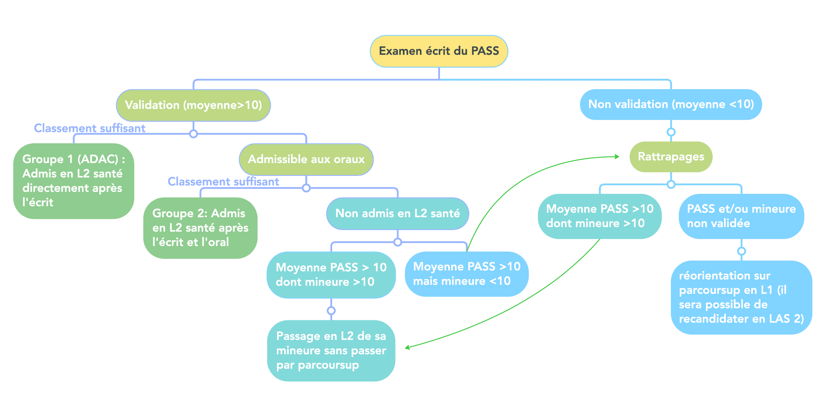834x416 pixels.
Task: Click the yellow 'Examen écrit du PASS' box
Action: pyautogui.click(x=439, y=51)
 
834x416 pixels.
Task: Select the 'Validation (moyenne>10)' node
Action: pyautogui.click(x=193, y=105)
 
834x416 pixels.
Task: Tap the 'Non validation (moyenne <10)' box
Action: pyautogui.click(x=671, y=105)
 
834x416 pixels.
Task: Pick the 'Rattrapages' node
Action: pyautogui.click(x=671, y=157)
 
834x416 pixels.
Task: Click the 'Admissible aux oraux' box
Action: pyautogui.click(x=306, y=159)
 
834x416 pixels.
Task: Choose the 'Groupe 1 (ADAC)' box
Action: pyautogui.click(x=73, y=181)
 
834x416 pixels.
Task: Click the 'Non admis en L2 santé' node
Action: pyautogui.click(x=397, y=213)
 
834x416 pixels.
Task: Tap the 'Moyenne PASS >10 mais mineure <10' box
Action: pyautogui.click(x=467, y=274)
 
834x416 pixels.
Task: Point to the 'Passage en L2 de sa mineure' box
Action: pyautogui.click(x=331, y=351)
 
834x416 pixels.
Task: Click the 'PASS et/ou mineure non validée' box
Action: pyautogui.click(x=741, y=216)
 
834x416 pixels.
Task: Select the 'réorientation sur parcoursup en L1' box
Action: pyautogui.click(x=741, y=297)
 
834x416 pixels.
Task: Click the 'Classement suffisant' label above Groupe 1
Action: pyautogui.click(x=90, y=128)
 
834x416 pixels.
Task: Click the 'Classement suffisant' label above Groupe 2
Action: pyautogui.click(x=223, y=181)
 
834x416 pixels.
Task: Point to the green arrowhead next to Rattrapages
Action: pyautogui.click(x=617, y=157)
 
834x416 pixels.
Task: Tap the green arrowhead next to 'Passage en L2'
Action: pyautogui.click(x=407, y=348)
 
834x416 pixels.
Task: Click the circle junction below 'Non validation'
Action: pyautogui.click(x=671, y=132)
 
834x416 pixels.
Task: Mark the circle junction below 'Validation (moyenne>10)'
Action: pyautogui.click(x=193, y=134)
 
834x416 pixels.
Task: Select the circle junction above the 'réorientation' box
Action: pyautogui.click(x=741, y=251)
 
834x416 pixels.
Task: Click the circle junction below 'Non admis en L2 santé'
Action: pyautogui.click(x=398, y=242)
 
